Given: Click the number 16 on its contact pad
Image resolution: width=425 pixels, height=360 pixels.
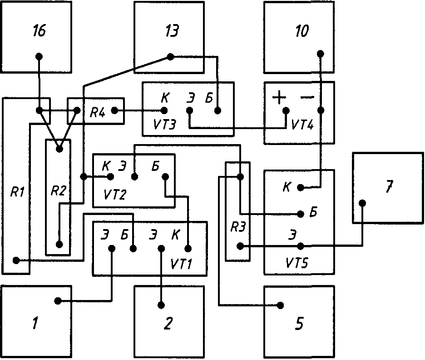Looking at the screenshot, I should tap(39, 32).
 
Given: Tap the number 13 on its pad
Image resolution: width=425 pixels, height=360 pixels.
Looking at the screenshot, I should tap(171, 32).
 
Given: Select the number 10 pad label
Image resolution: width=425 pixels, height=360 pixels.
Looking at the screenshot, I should tap(301, 32).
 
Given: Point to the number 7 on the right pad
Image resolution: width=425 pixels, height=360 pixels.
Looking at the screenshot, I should tap(388, 187).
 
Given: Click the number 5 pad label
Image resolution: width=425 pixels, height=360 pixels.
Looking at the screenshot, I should tap(299, 325).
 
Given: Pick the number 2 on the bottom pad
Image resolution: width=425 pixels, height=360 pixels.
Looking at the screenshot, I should tap(168, 324).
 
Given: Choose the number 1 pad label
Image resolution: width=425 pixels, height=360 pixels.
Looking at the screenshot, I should tap(35, 325).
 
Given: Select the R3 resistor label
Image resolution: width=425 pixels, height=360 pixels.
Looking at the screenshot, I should tap(237, 227).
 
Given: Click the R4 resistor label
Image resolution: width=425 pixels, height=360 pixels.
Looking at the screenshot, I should tap(98, 112).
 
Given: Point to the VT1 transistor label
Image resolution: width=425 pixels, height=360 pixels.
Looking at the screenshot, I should tap(180, 263).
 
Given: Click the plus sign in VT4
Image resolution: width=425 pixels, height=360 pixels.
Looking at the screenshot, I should tap(279, 97).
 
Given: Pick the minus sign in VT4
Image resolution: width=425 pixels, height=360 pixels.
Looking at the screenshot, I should tap(307, 97).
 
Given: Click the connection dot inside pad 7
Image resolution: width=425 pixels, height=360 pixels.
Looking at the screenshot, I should tap(362, 203).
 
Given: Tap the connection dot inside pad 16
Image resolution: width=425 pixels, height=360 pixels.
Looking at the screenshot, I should tap(39, 57).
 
